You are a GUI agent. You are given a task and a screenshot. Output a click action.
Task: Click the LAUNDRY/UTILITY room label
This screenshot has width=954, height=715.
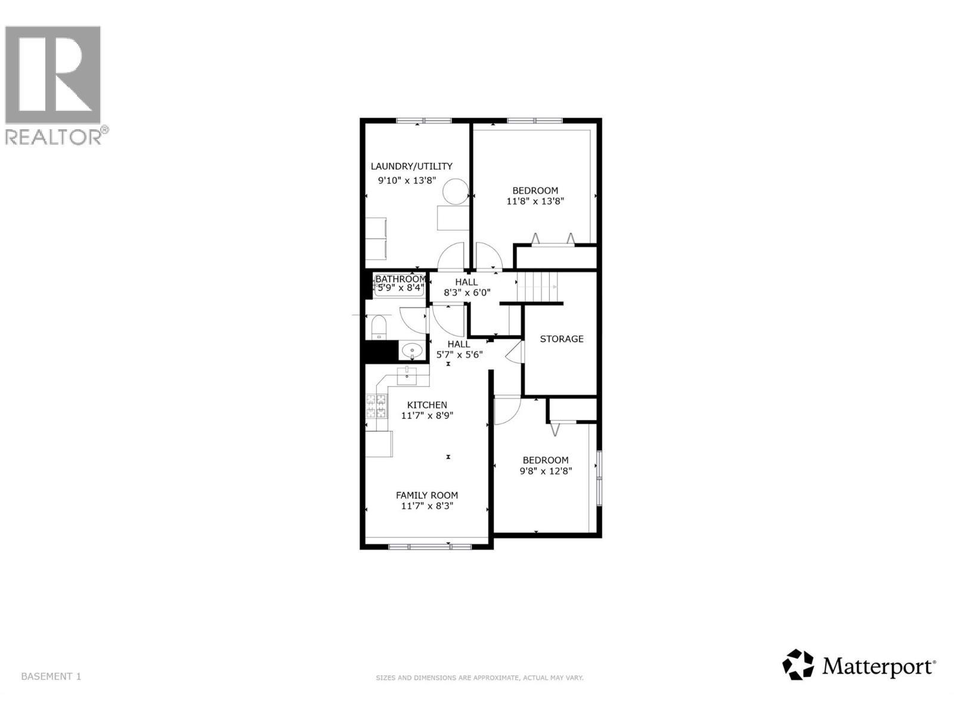point(411,166)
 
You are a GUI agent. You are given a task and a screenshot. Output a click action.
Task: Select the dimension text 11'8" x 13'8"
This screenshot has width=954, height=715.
point(535,201)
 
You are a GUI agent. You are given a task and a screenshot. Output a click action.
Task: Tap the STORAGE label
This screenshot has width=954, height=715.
point(562,339)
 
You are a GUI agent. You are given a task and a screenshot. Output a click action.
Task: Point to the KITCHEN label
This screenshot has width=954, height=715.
point(427,405)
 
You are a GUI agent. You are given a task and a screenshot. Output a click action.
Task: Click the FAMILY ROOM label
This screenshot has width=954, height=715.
point(427,495)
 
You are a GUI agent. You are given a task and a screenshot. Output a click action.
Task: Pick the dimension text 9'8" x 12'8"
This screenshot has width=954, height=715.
point(546,471)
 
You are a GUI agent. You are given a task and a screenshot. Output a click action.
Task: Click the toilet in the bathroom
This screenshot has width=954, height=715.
point(379,327)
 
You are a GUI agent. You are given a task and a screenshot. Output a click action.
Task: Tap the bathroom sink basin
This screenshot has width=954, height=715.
point(411,350)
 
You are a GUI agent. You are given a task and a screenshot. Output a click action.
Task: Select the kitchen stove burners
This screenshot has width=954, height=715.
point(376,406)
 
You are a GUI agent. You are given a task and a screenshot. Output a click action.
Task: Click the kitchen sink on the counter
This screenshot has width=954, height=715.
point(407,376)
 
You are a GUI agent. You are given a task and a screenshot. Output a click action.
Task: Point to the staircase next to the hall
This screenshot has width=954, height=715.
point(537,287)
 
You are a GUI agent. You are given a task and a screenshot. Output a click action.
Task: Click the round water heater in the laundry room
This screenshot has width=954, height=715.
point(456,191)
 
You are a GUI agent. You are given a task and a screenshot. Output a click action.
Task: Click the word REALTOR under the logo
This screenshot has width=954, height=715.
point(54,137)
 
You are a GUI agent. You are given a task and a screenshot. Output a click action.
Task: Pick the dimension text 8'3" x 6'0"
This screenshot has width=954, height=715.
point(467,293)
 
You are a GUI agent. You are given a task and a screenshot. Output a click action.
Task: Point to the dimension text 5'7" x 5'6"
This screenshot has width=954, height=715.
point(459,355)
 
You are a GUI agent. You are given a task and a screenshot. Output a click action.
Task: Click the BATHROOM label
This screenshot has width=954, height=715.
point(400,279)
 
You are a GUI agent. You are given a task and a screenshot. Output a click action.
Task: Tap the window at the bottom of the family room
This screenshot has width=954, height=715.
point(429,546)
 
